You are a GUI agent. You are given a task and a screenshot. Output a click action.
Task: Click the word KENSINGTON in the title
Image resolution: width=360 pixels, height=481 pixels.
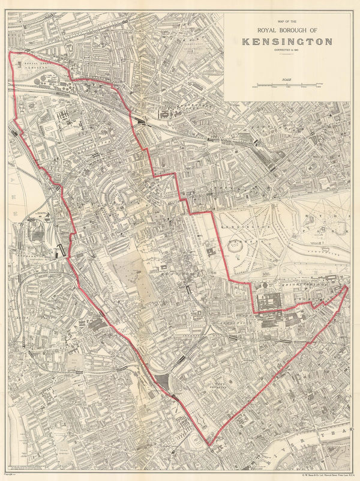(x=287, y=41)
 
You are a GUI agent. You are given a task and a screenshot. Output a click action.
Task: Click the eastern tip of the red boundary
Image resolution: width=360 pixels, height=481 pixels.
(x=347, y=288)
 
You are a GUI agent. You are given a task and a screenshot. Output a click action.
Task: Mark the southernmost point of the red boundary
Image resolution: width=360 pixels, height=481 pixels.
(x=209, y=445)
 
